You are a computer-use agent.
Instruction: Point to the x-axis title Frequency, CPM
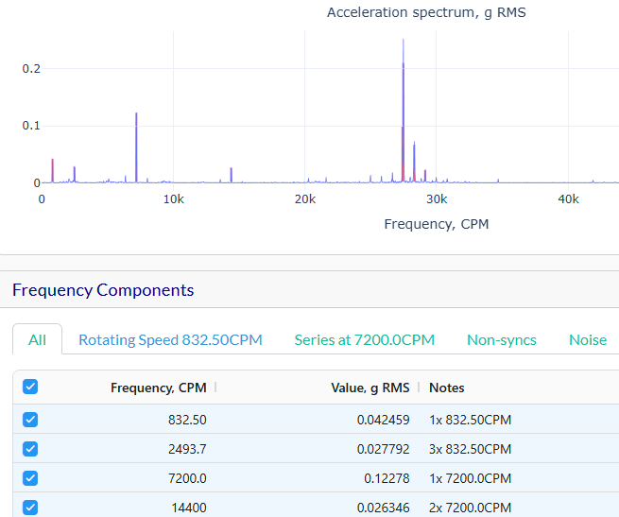pos(436,224)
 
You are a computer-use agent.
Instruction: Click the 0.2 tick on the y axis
pos(31,69)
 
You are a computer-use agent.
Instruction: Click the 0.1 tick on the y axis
pos(31,126)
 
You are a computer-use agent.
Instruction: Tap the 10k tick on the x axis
pos(173,199)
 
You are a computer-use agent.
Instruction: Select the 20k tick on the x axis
pos(304,199)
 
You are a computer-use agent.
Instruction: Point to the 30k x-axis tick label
pos(436,199)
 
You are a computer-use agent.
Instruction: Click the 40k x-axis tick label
pos(567,199)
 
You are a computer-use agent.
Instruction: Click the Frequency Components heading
pos(103,290)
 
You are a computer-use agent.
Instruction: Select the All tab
pos(37,339)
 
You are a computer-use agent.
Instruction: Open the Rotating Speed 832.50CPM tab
pos(170,339)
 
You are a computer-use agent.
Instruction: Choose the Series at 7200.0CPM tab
pos(364,339)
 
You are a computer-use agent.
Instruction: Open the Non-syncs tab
pos(501,339)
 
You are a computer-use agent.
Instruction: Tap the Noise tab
pos(587,339)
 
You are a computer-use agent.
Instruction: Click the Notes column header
pos(446,388)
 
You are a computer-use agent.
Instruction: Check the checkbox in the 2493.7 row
pos(29,449)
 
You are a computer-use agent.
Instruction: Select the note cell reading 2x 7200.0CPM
pos(470,508)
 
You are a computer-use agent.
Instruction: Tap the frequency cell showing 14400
pos(188,508)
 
